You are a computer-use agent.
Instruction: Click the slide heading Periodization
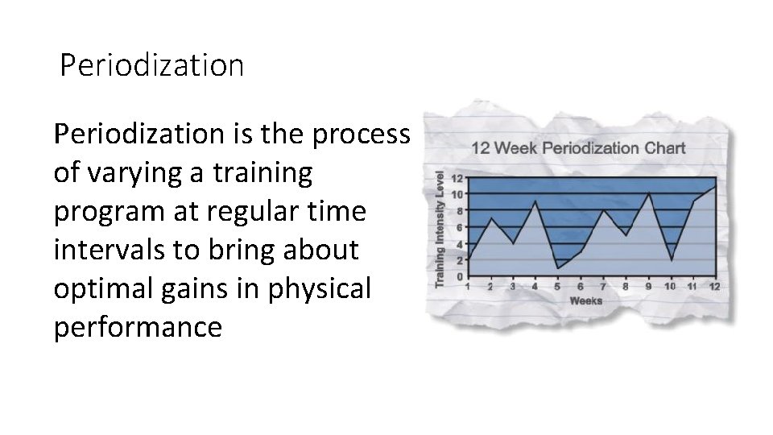151,66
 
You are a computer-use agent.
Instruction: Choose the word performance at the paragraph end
137,328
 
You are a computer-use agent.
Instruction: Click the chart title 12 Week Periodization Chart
578,147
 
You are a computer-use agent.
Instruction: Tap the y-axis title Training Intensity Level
440,228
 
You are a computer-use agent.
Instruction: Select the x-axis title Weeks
586,300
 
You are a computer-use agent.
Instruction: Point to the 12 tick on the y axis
457,178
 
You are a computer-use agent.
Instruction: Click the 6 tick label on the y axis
459,227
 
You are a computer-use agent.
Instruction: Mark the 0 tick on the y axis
459,276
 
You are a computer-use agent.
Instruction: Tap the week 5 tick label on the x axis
557,286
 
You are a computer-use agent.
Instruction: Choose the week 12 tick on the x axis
714,286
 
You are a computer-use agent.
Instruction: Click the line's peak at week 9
648,194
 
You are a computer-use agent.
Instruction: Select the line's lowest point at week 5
557,267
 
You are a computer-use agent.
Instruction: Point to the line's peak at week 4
535,201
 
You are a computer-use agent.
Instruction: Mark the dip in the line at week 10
671,259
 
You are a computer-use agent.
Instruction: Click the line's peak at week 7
602,210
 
